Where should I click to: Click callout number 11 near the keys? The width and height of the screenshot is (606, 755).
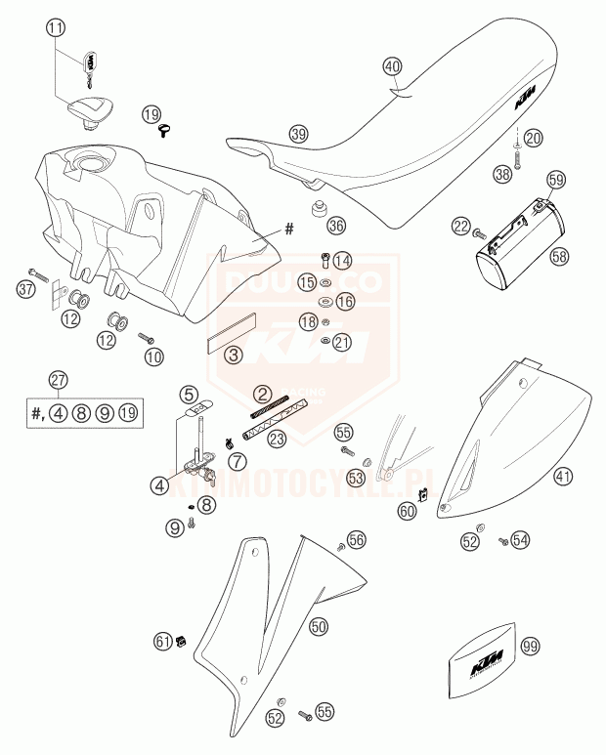coord(57,28)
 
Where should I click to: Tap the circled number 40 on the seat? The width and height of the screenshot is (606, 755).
coord(392,66)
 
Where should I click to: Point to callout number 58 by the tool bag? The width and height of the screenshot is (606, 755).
coord(559,257)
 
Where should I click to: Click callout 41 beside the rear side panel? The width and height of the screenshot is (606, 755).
coord(562,478)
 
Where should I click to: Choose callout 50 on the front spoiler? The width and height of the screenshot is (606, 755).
coord(319,627)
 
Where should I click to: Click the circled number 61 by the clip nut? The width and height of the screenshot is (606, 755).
coord(162,641)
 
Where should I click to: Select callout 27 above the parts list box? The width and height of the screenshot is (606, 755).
coord(59,380)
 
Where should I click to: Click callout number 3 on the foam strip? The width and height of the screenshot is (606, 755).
coord(234,357)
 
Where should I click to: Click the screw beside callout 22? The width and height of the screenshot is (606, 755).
coord(479,234)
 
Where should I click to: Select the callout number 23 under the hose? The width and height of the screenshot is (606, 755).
coord(278,440)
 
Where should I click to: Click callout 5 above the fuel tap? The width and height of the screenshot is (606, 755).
coord(188,395)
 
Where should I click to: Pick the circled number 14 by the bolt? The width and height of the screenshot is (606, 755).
coord(341,261)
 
